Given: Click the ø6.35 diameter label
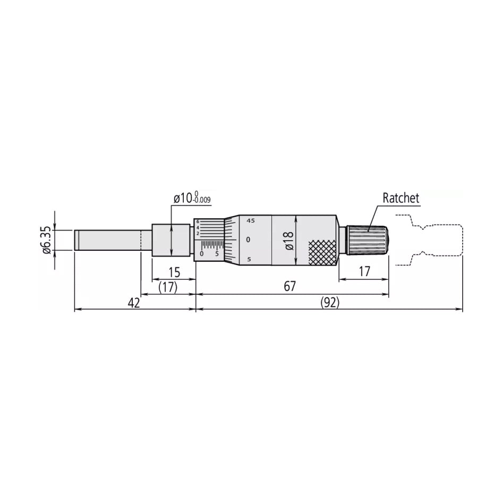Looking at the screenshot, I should pyautogui.click(x=46, y=241).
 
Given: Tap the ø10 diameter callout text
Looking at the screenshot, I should pyautogui.click(x=182, y=199).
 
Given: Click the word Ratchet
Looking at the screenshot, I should pyautogui.click(x=401, y=198).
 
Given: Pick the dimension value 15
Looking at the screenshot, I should pyautogui.click(x=174, y=273).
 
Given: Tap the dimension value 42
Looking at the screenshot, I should pyautogui.click(x=134, y=303).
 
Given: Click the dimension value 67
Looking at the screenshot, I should pyautogui.click(x=290, y=287).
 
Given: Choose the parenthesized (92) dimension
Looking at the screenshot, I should pyautogui.click(x=329, y=303).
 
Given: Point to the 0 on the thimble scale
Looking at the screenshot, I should pyautogui.click(x=248, y=240).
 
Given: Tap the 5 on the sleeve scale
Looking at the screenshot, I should pyautogui.click(x=217, y=253).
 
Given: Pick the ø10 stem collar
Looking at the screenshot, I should pyautogui.click(x=171, y=240).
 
